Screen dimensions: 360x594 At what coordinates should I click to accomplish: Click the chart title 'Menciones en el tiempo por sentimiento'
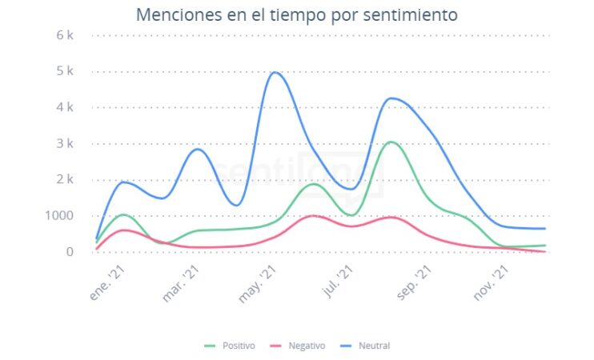tap(296, 14)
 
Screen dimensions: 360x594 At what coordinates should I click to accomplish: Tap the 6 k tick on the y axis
tap(65, 35)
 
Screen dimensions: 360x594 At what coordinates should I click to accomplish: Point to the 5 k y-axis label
tap(65, 71)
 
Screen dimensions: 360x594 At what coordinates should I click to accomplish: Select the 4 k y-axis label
tap(65, 107)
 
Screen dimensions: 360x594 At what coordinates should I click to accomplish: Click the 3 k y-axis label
tap(65, 144)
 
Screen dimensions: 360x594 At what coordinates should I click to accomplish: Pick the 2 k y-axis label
tap(65, 180)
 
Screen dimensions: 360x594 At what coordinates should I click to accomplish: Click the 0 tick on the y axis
tap(70, 252)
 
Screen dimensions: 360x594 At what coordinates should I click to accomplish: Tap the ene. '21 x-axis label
tap(108, 284)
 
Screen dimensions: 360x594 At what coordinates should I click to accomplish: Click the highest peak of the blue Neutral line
tap(275, 73)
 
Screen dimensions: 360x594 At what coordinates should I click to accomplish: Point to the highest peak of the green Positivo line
tap(390, 142)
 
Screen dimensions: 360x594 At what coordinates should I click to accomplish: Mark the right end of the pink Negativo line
tap(545, 251)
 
